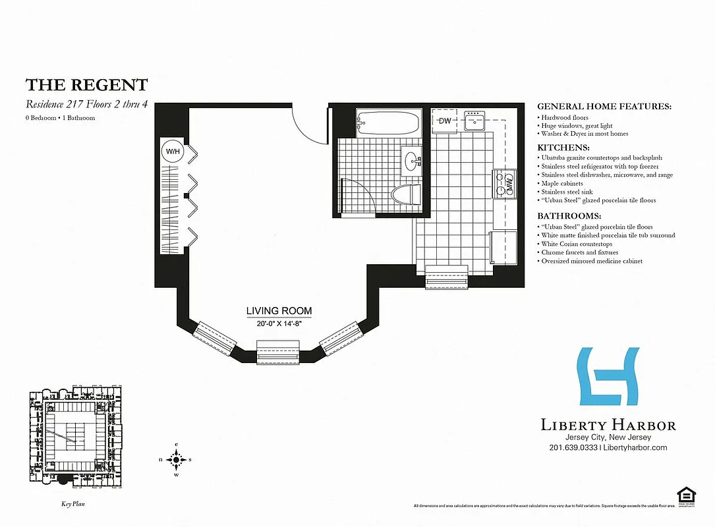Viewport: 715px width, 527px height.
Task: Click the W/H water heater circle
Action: [x=173, y=152]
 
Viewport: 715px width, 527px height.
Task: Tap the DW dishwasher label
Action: [x=445, y=121]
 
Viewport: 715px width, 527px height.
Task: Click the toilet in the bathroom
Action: [x=405, y=195]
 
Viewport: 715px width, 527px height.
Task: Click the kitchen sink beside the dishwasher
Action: [x=474, y=121]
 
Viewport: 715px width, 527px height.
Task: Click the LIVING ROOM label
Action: [x=279, y=311]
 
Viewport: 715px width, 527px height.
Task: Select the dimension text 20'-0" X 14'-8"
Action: [x=279, y=323]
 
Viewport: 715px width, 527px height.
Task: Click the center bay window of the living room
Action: [x=277, y=353]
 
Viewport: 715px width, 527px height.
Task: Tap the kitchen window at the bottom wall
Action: [x=447, y=275]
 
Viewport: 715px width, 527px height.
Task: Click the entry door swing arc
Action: [x=308, y=125]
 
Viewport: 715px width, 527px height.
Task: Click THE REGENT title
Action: [x=86, y=84]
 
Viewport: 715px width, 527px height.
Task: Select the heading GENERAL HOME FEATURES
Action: [x=604, y=106]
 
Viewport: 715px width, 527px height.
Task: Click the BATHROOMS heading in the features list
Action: [x=569, y=216]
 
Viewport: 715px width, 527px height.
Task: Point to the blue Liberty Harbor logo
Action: [x=608, y=376]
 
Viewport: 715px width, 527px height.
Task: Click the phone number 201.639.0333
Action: [x=573, y=447]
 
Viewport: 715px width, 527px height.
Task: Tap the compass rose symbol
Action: [x=176, y=459]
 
